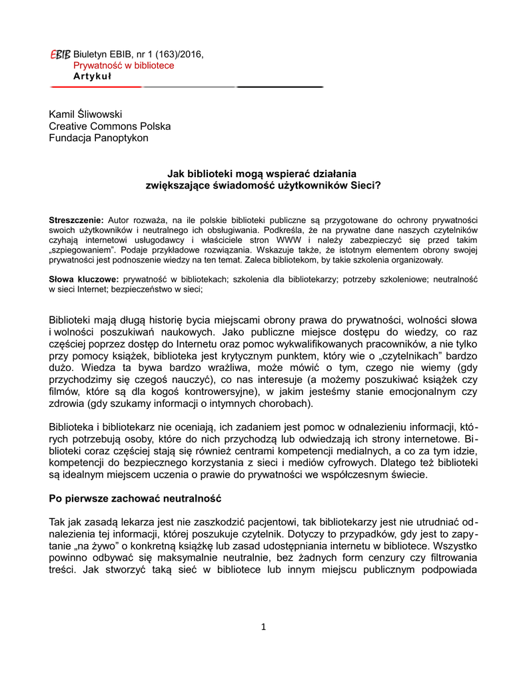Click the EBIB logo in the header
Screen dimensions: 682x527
click(x=60, y=54)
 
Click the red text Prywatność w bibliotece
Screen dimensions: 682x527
click(x=124, y=65)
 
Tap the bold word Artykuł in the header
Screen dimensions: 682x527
click(x=93, y=76)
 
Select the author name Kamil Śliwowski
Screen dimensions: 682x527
click(x=85, y=115)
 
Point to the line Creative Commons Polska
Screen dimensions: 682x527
click(x=110, y=127)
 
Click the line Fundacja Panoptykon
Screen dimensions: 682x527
click(x=99, y=138)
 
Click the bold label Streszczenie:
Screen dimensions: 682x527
click(x=77, y=220)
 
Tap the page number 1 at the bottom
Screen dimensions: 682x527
click(x=263, y=626)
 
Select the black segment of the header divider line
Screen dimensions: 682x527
click(x=280, y=87)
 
